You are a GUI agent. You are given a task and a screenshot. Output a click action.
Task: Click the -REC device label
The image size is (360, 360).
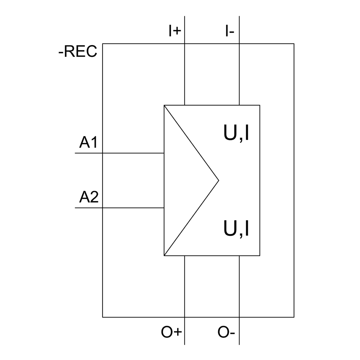tap(78, 52)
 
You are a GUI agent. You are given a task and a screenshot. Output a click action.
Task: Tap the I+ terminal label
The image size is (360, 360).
tap(175, 31)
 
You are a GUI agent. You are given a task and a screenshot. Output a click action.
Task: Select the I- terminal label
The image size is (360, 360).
tap(230, 31)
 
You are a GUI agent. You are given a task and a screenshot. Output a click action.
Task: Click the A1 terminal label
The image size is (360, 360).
tap(89, 143)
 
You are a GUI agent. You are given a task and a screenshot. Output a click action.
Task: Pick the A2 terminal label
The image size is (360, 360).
tap(89, 198)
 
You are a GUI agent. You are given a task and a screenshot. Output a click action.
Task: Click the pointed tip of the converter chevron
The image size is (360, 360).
tap(218, 180)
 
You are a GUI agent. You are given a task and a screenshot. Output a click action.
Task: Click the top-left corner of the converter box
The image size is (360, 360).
tap(164, 105)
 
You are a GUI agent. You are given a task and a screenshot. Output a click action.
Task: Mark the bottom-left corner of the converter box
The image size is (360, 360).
tap(164, 256)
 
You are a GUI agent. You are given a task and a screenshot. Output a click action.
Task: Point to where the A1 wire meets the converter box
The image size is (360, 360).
tap(164, 153)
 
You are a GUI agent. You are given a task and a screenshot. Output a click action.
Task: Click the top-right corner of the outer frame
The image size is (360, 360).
tap(294, 44)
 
